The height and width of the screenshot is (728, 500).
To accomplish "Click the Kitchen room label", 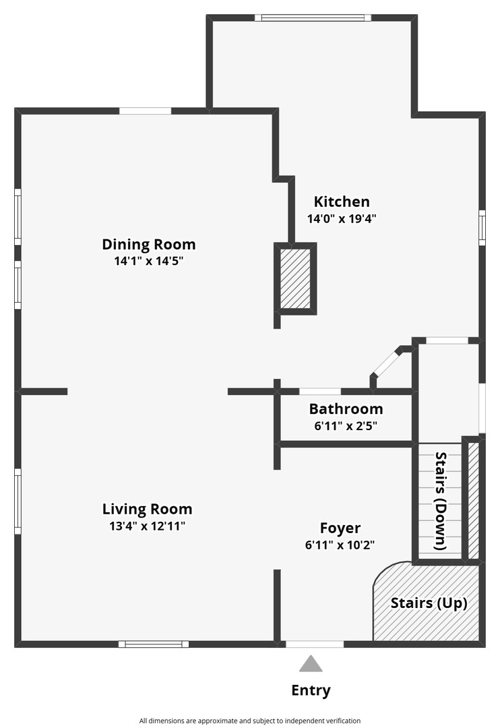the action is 342,202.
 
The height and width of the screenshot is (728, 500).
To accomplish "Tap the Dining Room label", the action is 148,244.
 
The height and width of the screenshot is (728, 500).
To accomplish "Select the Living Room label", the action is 147,509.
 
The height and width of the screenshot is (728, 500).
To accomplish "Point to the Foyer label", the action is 340,528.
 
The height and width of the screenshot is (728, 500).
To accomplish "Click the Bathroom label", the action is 346,408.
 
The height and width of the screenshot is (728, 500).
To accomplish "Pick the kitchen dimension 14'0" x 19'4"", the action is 342,218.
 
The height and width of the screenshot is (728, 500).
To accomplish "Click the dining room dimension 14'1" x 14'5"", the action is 148,260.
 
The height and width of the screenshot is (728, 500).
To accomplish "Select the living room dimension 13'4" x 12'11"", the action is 147,526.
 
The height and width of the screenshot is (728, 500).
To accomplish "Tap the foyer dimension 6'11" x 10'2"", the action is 340,545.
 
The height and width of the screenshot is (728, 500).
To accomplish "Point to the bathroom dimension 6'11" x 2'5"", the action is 346,425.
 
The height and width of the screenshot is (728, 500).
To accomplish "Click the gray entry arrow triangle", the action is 311,663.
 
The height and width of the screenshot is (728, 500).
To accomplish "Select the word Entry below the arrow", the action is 311,690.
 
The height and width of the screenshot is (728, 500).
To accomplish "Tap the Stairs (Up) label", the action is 429,603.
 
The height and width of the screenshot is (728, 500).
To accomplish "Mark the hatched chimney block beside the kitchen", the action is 295,278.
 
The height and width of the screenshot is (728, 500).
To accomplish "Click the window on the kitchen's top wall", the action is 313,18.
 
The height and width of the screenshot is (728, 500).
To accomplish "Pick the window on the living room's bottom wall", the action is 154,644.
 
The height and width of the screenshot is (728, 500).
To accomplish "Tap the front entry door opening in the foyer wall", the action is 315,644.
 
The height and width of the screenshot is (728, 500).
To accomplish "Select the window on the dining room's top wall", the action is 146,111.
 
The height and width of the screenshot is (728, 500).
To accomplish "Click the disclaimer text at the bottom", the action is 250,721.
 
